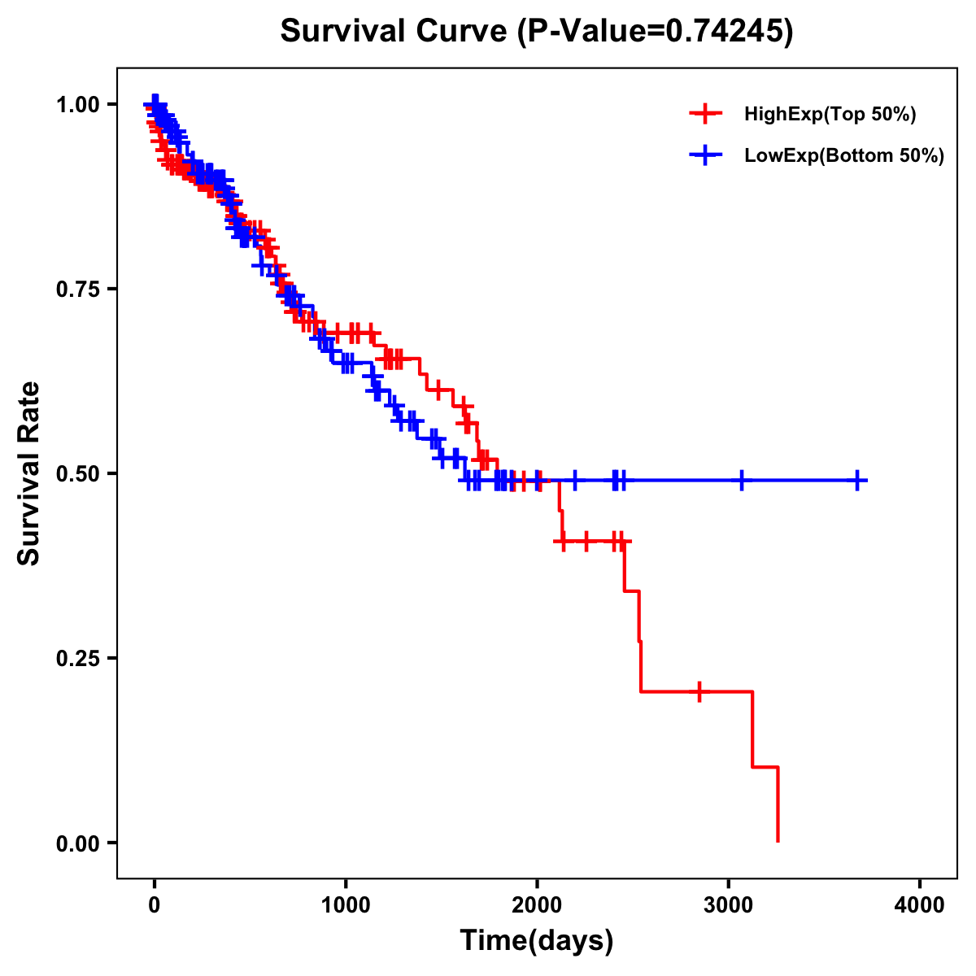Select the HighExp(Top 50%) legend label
[x=830, y=115]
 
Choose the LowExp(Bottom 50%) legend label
[x=843, y=156]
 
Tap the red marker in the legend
[x=706, y=114]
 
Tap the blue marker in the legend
[x=706, y=155]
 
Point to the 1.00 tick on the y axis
[x=76, y=104]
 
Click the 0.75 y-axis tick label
[x=76, y=289]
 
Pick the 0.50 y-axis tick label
[x=76, y=473]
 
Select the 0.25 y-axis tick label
[x=76, y=658]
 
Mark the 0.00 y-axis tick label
[x=76, y=843]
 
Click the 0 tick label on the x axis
[x=155, y=905]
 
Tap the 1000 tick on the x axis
[x=346, y=905]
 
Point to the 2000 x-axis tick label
[x=537, y=905]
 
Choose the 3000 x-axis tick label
[x=729, y=905]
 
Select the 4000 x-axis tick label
[x=920, y=905]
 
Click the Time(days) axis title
[x=537, y=941]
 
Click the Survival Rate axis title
[x=30, y=473]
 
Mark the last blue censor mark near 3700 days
[x=857, y=481]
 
